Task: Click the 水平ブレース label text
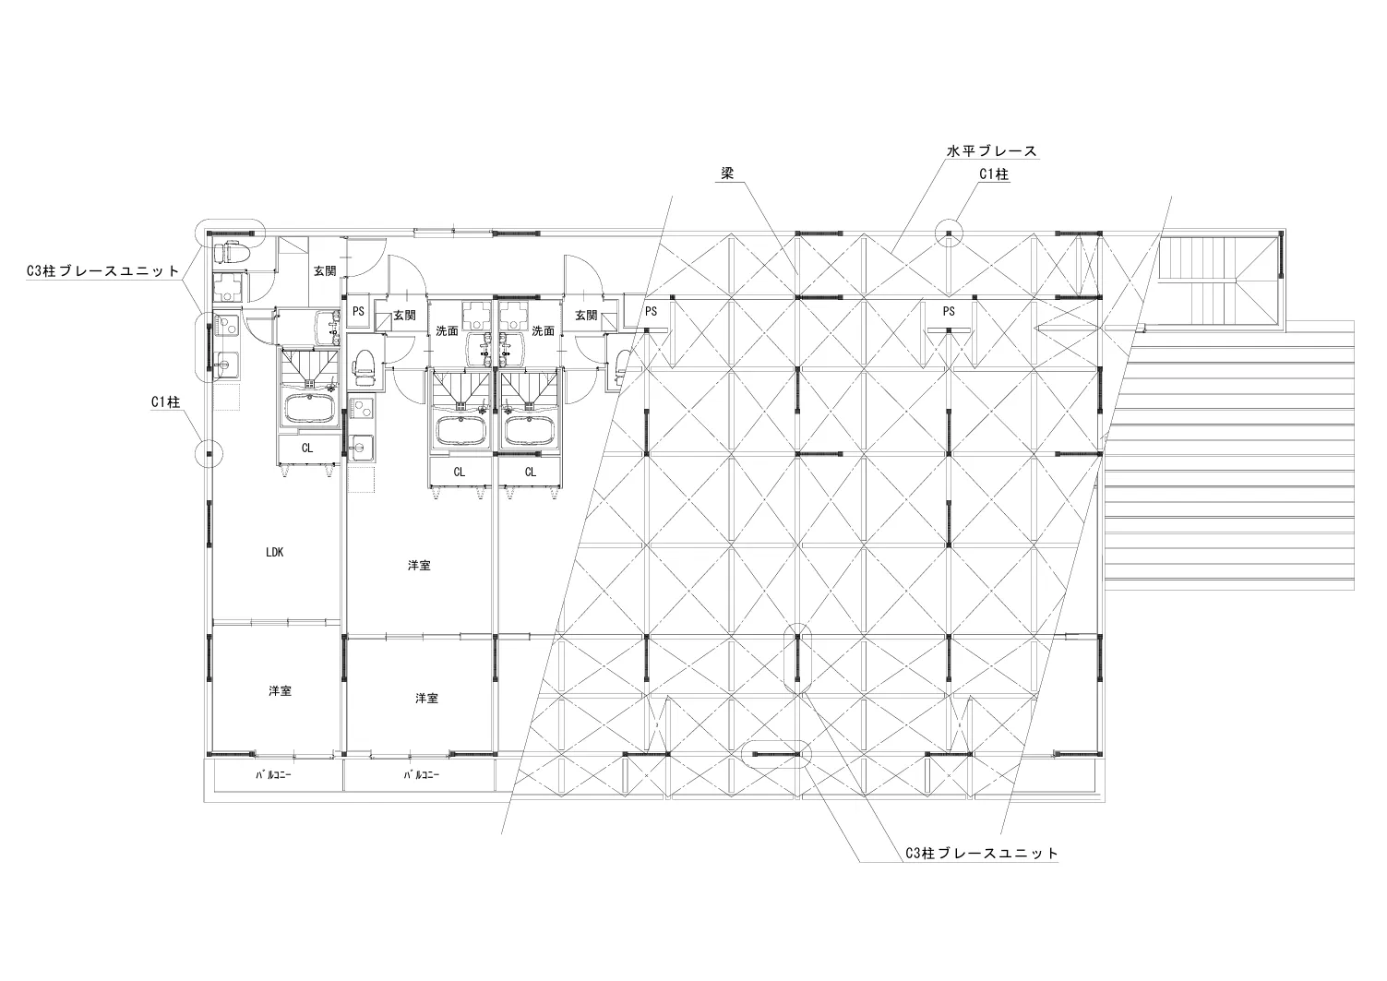(x=991, y=150)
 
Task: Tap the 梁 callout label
(x=727, y=173)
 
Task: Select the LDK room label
(x=274, y=552)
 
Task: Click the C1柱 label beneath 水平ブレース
(x=994, y=174)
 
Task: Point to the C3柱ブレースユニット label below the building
(x=982, y=853)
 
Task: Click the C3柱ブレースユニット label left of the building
(x=102, y=270)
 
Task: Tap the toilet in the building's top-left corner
(x=233, y=251)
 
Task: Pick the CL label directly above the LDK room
(x=307, y=448)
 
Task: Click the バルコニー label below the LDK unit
(x=273, y=775)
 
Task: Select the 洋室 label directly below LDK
(x=280, y=690)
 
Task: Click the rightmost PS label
(x=949, y=311)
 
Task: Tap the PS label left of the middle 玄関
(x=358, y=311)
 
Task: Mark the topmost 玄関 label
(x=325, y=270)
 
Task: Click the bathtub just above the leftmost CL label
(x=309, y=409)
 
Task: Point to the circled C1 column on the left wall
(x=208, y=453)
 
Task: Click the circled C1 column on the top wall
(x=949, y=233)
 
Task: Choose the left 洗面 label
(x=447, y=330)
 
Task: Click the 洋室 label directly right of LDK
(x=419, y=565)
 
